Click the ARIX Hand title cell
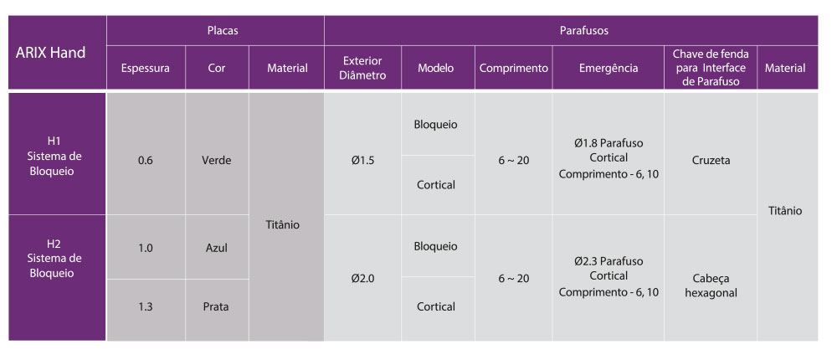point(57,53)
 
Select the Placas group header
point(215,30)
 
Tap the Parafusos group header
point(571,30)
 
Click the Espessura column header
point(146,68)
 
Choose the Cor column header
point(217,68)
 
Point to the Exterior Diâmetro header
point(363,68)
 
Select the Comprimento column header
point(514,68)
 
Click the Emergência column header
point(608,68)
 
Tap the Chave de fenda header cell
point(711,68)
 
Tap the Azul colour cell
point(217,247)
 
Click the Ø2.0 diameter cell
point(363,278)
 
